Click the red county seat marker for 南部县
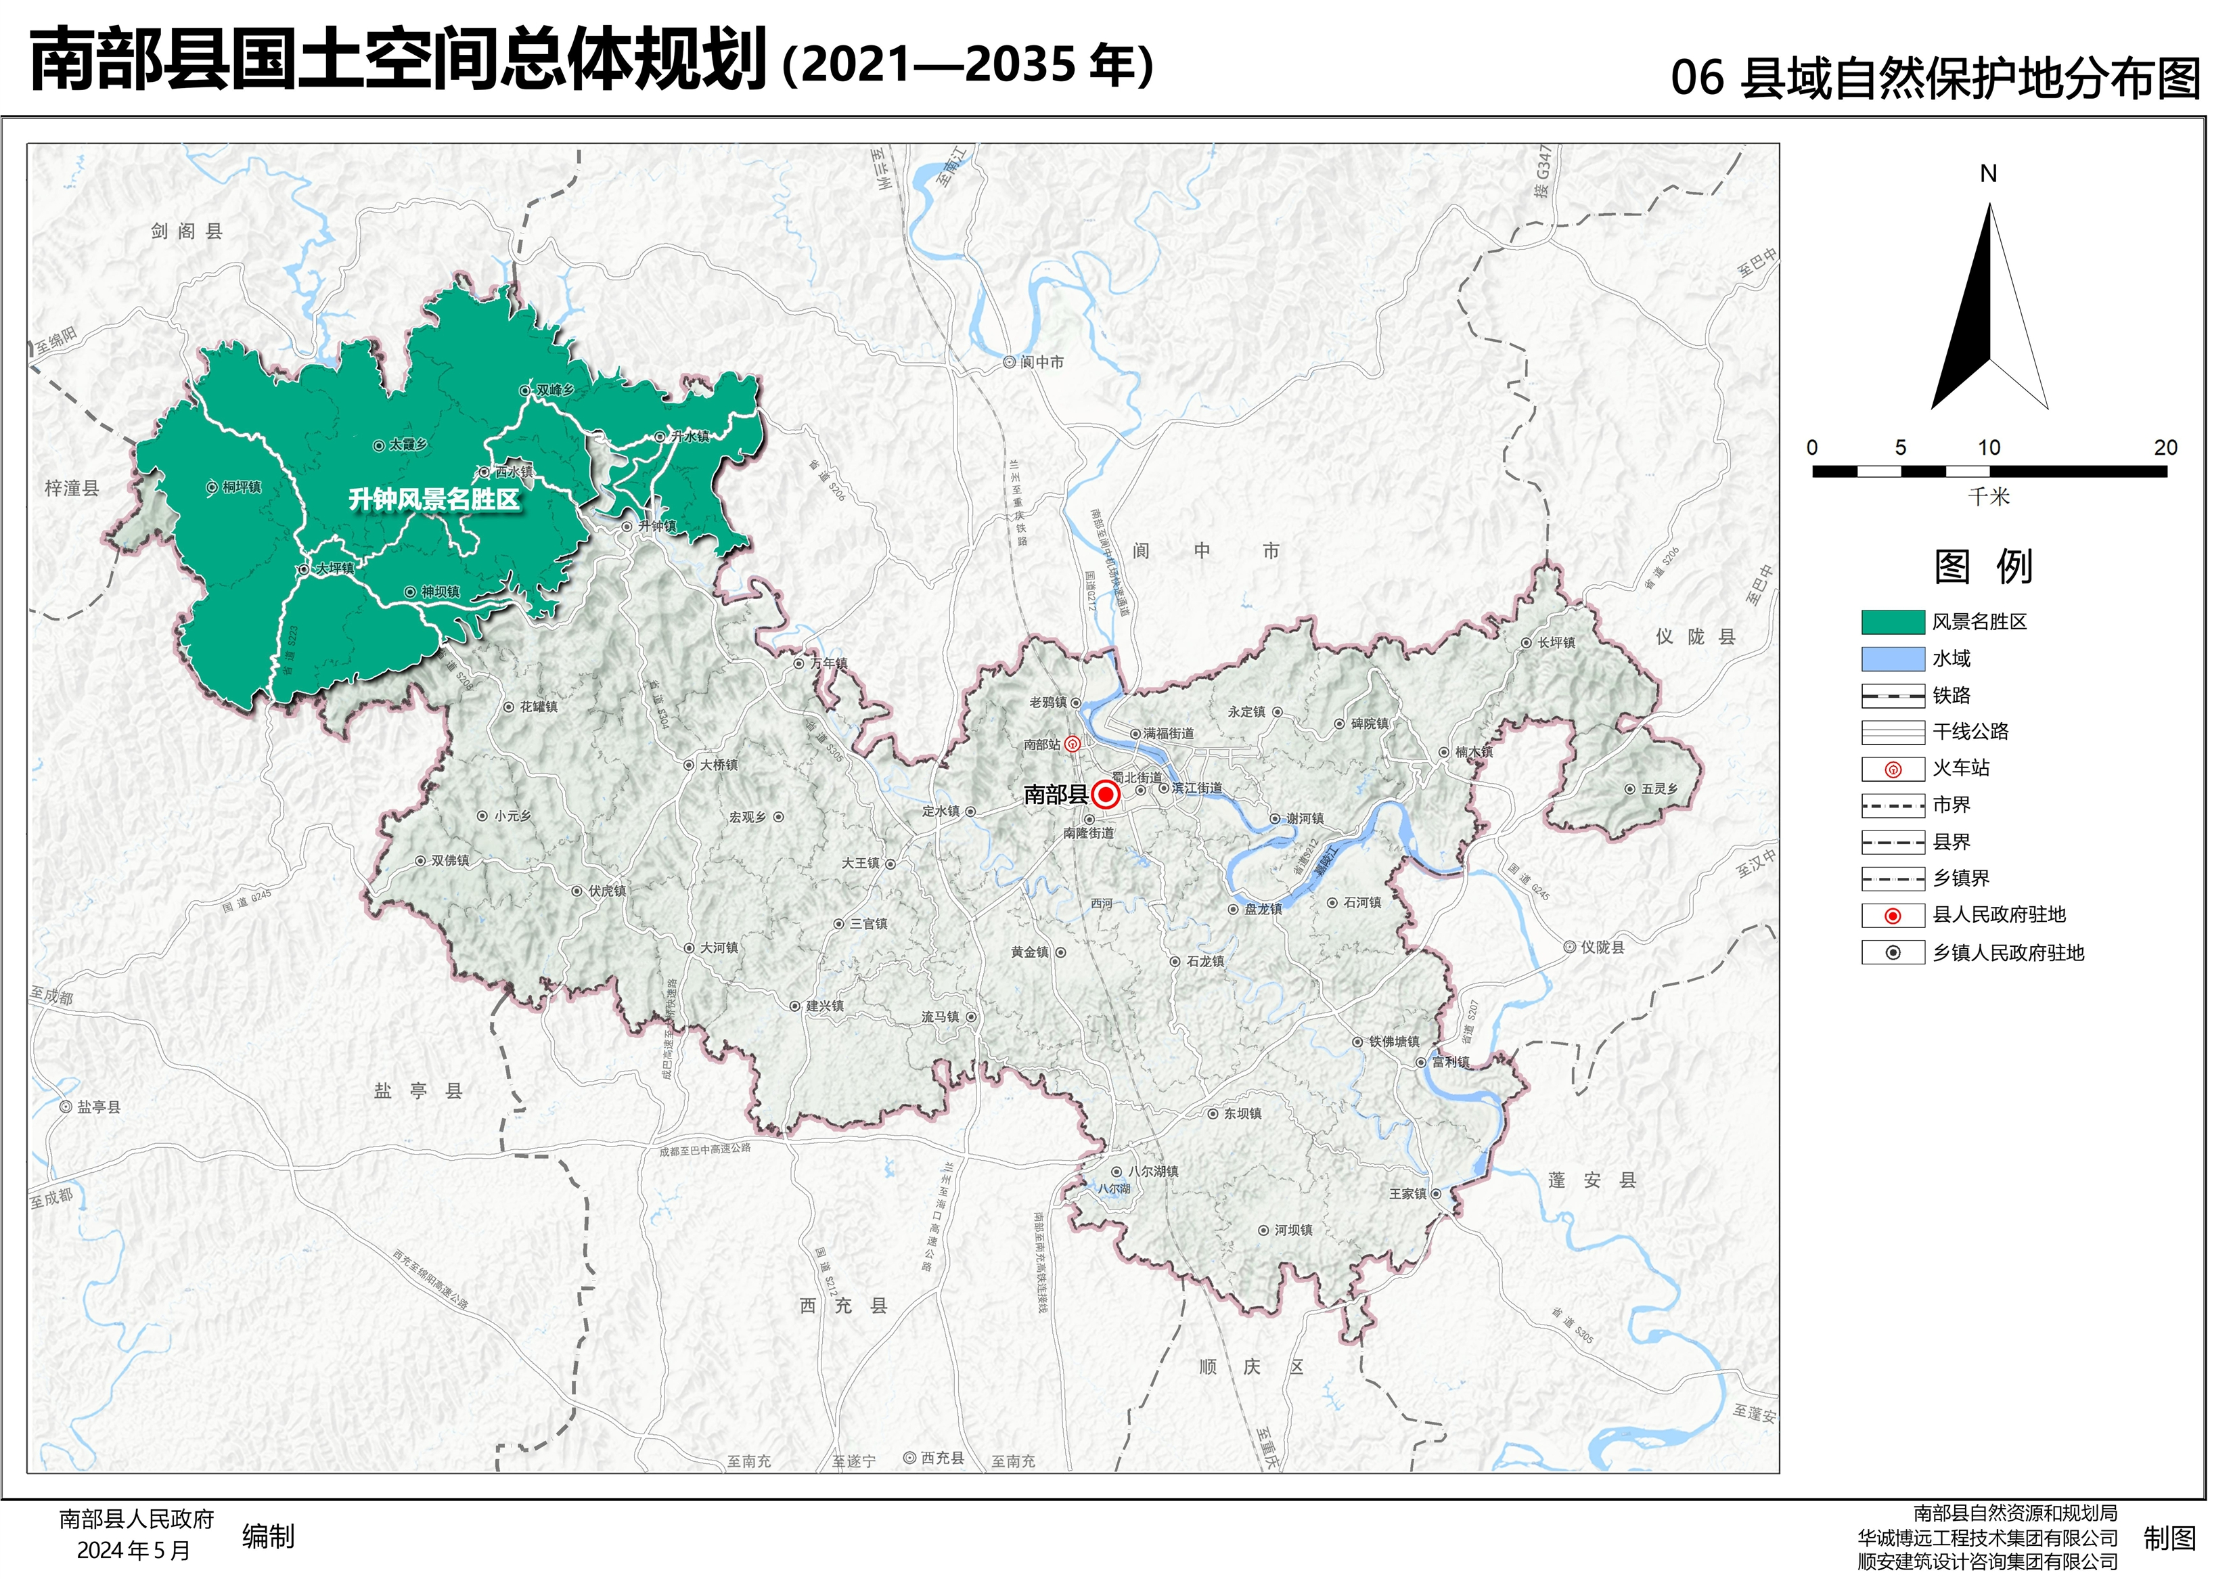tap(1105, 795)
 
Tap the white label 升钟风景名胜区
tap(434, 500)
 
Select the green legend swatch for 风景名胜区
tap(1892, 623)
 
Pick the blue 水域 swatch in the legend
tap(1892, 659)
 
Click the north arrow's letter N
tap(1988, 174)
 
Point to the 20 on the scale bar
tap(2165, 447)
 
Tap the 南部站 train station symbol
tap(1072, 744)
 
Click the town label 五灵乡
tap(1659, 789)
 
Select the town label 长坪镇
tap(1555, 643)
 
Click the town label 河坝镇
tap(1292, 1230)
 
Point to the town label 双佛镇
tap(449, 861)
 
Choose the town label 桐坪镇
tap(241, 487)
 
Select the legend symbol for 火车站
tap(1892, 770)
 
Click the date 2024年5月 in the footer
tap(133, 1551)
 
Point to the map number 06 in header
tap(1697, 78)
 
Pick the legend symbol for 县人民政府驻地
tap(1892, 916)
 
